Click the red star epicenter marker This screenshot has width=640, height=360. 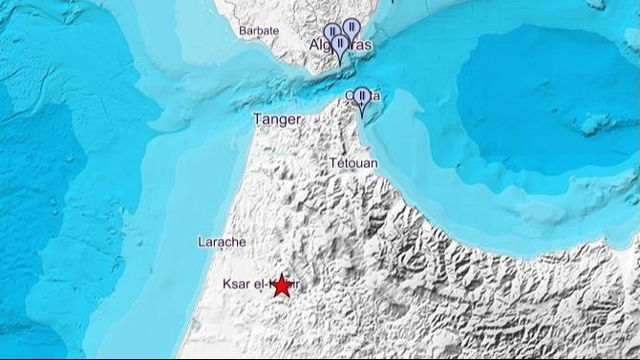281,284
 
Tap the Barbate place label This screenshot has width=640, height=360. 259,32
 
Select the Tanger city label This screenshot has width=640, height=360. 275,119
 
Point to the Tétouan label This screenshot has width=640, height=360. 353,163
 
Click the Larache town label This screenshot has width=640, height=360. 222,242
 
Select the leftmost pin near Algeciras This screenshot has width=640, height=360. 331,34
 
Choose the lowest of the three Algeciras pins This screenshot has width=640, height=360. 339,45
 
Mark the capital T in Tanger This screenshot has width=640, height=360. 254,119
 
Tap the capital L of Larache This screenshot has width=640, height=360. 201,242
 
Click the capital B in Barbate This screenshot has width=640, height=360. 243,32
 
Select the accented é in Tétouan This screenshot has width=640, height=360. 340,163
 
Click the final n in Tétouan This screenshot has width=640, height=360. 374,163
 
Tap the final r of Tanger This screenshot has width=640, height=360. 298,120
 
